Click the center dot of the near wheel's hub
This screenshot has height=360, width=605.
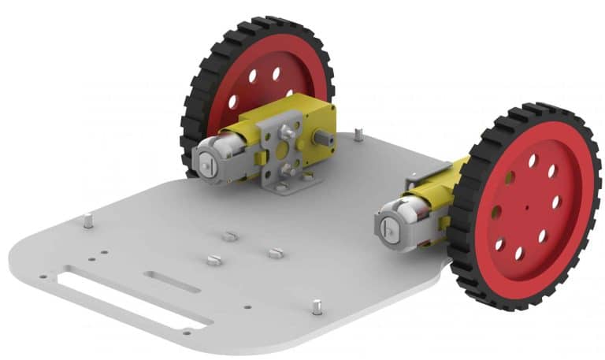525,206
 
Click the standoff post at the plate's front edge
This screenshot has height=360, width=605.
316,306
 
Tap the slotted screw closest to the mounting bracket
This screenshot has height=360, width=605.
228,236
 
